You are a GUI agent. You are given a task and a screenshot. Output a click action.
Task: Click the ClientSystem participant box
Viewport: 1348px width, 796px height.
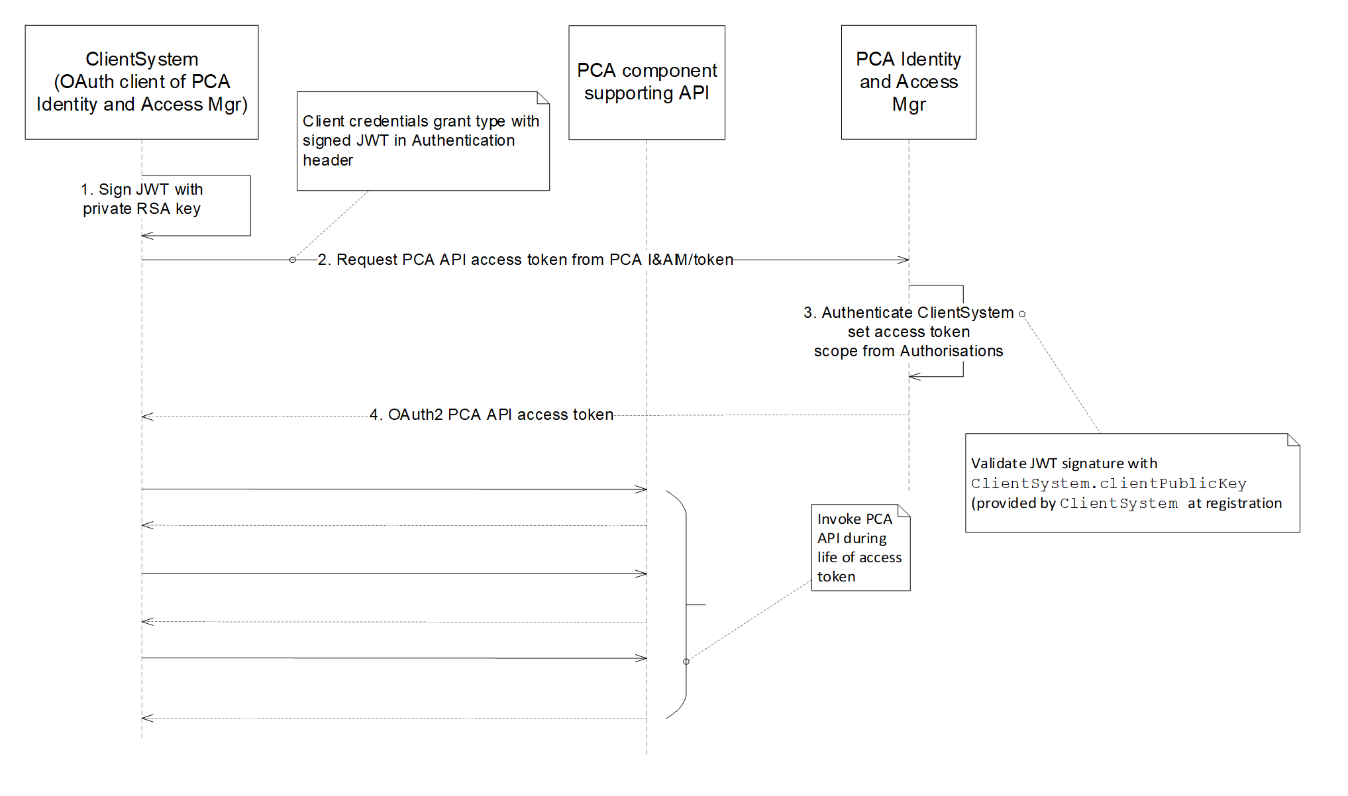click(141, 82)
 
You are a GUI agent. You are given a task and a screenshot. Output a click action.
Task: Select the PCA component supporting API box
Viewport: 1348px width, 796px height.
click(647, 82)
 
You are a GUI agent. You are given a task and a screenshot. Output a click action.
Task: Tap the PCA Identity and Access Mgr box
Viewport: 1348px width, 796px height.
click(908, 82)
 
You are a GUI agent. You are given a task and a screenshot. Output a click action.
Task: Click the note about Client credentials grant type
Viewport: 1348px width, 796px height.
click(423, 141)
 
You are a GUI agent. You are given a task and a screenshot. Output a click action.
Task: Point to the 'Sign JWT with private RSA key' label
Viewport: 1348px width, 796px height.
click(142, 199)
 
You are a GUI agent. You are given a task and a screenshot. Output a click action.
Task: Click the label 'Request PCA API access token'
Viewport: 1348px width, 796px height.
click(525, 260)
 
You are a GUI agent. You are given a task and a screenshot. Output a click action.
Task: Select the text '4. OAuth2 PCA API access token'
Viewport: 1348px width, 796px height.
click(491, 415)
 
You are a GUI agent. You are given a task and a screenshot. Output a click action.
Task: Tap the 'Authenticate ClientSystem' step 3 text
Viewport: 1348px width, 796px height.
click(908, 313)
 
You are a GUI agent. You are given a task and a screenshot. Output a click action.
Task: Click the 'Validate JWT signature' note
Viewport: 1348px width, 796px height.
click(1131, 483)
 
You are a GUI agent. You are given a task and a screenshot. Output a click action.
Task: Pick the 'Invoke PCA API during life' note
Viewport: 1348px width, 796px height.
click(860, 548)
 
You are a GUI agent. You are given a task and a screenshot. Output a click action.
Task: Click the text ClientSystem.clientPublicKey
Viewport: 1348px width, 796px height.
click(1108, 483)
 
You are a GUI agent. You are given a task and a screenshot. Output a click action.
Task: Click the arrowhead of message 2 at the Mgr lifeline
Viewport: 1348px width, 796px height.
click(904, 260)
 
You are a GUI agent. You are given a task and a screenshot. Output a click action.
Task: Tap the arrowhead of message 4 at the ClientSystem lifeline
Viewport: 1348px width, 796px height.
click(147, 417)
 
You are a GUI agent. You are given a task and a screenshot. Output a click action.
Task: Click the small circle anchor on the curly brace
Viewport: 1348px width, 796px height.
click(686, 662)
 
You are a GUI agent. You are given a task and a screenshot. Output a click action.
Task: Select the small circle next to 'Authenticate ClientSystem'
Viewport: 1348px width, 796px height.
click(1022, 314)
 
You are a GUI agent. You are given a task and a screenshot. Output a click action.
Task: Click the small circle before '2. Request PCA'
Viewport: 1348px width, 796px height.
click(292, 260)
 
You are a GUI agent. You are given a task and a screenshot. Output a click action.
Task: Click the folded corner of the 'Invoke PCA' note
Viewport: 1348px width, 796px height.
click(904, 511)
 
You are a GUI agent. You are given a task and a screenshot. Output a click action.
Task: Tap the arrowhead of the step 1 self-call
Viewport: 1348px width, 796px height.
click(147, 236)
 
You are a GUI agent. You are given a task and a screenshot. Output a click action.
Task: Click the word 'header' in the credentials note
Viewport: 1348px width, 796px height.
click(328, 160)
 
